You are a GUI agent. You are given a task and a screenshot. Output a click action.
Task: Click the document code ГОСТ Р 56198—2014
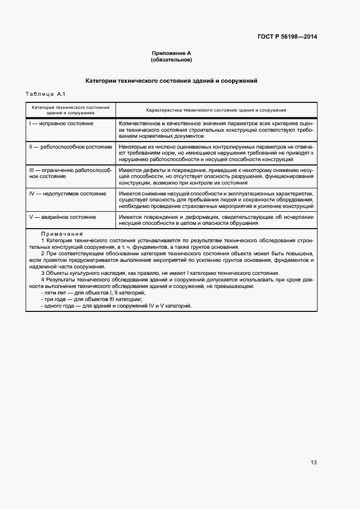[x=287, y=37]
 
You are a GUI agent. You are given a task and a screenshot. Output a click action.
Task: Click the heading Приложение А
[x=171, y=53]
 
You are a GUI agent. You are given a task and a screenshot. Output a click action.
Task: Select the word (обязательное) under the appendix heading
[x=171, y=59]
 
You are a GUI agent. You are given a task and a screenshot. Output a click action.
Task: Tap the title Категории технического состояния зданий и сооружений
[x=171, y=81]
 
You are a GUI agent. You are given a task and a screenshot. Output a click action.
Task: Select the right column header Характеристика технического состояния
[x=216, y=110]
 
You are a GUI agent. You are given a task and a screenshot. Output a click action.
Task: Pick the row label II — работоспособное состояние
[x=70, y=147]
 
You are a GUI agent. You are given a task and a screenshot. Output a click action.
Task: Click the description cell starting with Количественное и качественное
[x=216, y=130]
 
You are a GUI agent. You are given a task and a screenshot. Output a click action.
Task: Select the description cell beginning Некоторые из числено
[x=216, y=154]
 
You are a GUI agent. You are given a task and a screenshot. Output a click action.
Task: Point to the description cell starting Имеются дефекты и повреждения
[x=216, y=176]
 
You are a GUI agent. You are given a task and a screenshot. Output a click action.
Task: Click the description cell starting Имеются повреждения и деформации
[x=216, y=220]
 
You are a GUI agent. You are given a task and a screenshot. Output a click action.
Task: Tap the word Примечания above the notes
[x=62, y=234]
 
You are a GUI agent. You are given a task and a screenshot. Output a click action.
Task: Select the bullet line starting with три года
[x=91, y=299]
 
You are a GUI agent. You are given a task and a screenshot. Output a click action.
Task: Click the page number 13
[x=314, y=463]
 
